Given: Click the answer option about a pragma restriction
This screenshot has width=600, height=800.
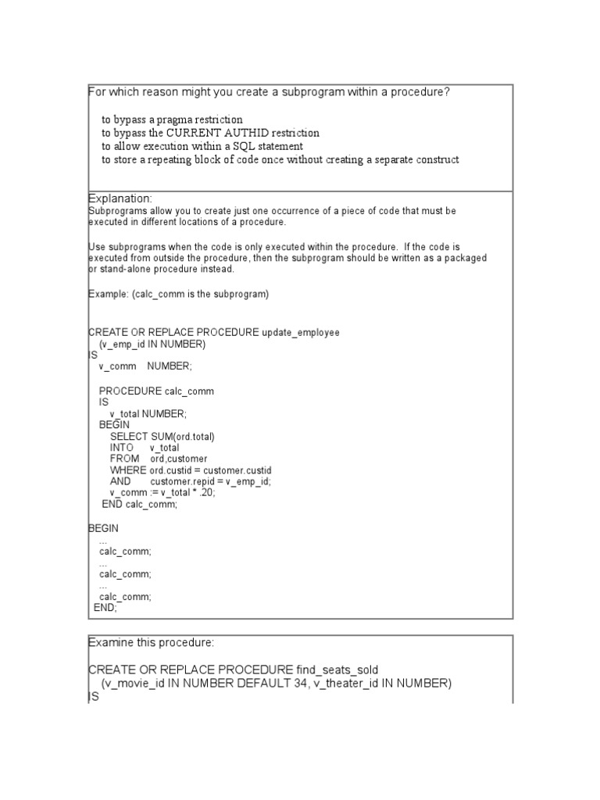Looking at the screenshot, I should [x=172, y=120].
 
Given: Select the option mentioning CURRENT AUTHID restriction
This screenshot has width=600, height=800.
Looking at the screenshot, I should [x=210, y=133].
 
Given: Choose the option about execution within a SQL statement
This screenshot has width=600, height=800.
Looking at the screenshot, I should [x=202, y=146].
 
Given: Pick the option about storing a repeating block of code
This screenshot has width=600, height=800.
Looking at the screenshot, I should [x=280, y=159].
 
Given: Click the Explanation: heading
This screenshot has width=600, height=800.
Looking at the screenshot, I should [x=120, y=199].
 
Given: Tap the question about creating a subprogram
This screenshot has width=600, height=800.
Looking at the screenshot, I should [x=270, y=92].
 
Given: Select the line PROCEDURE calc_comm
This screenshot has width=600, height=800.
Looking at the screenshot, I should [x=156, y=391].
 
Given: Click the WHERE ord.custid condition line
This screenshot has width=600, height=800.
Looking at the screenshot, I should [x=191, y=470].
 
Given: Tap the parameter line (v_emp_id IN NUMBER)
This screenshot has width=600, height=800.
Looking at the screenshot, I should [x=152, y=344].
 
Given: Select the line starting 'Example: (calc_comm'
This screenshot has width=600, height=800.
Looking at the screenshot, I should [x=178, y=294].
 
